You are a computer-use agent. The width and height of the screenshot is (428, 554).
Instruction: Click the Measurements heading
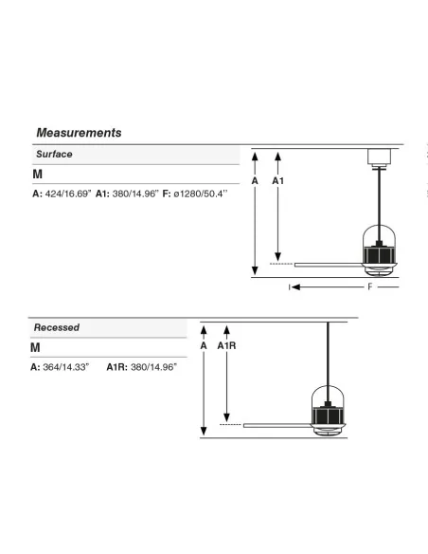click(x=79, y=133)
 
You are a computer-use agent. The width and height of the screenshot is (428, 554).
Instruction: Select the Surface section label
click(x=54, y=154)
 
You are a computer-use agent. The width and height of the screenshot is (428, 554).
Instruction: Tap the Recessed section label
click(x=57, y=327)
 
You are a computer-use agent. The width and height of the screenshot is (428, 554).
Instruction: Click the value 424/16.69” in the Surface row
click(x=68, y=194)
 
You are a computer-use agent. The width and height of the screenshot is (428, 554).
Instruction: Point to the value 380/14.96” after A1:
click(x=135, y=194)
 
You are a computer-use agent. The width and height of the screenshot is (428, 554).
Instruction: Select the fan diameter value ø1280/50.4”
click(x=200, y=194)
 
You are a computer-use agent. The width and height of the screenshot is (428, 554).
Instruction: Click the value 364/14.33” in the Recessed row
click(x=66, y=367)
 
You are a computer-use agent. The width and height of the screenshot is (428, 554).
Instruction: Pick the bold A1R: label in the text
click(x=117, y=367)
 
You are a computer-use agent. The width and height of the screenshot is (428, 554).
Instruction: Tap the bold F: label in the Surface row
click(x=167, y=194)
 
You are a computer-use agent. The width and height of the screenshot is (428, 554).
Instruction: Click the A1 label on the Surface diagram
click(x=277, y=181)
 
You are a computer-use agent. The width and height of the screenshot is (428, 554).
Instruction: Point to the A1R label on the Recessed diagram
click(x=226, y=345)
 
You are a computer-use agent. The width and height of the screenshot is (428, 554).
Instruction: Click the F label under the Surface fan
click(x=370, y=286)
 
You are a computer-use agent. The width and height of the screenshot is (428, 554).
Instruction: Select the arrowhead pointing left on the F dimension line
click(x=295, y=286)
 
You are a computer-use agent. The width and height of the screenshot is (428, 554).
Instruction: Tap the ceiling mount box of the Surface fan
click(x=380, y=157)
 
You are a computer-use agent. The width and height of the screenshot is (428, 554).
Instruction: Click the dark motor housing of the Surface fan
click(x=379, y=254)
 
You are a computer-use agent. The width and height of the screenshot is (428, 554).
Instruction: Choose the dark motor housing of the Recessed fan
click(x=328, y=415)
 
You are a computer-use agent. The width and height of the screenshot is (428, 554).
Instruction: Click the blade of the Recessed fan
click(x=277, y=425)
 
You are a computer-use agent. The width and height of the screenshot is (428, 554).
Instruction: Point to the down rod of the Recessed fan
click(x=328, y=362)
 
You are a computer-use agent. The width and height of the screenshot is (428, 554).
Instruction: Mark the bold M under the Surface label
click(x=37, y=175)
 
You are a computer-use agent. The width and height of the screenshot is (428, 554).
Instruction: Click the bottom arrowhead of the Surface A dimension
click(x=255, y=270)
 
